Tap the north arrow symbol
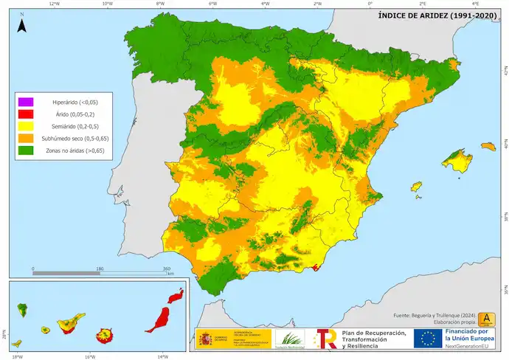coord(23,25)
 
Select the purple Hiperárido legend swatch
coord(27,101)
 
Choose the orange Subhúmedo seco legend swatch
coord(27,139)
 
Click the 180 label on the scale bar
coord(100,269)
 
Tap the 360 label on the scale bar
coord(166,269)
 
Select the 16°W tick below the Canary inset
coord(89,356)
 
